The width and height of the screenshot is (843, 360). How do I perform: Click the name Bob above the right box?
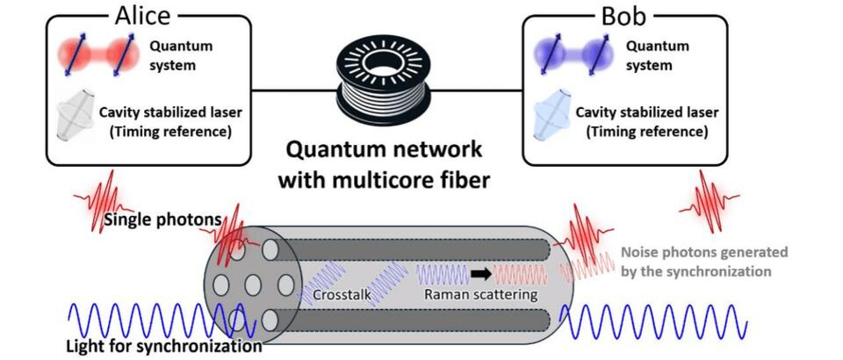point(625,15)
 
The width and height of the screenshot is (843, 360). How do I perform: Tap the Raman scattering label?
point(480,295)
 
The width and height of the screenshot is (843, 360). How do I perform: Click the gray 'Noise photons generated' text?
point(703,251)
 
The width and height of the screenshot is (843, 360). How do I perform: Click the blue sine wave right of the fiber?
point(653,326)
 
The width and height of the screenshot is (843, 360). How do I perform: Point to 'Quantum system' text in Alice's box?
point(179,54)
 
